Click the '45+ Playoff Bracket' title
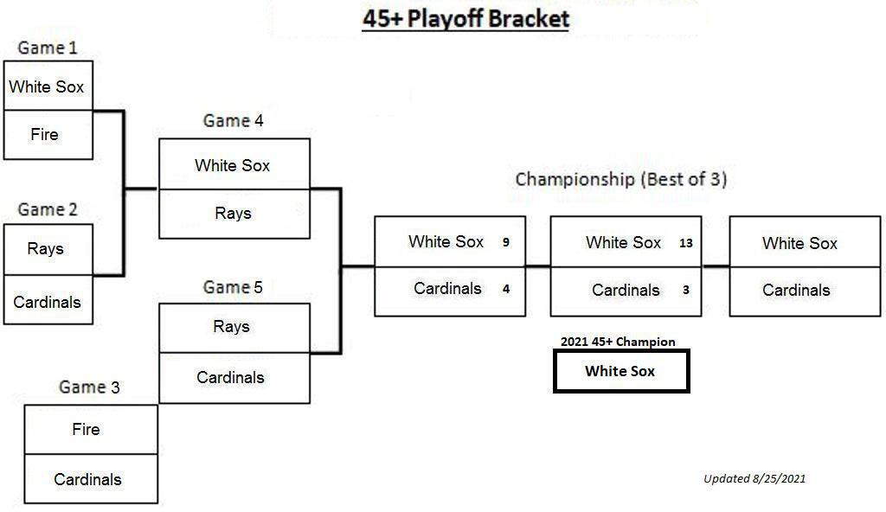465,19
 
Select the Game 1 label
48,48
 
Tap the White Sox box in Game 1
48,86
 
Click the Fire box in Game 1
48,135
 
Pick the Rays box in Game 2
48,249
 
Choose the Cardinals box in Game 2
48,300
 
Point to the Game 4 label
233,120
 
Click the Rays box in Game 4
234,214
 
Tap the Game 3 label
89,387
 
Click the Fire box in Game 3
91,430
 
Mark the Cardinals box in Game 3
91,478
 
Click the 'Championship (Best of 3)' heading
620,180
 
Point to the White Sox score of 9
505,242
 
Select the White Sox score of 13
686,243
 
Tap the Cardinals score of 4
505,290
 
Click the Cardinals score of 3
686,290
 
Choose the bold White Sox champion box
621,371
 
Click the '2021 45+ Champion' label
618,342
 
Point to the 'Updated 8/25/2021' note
754,478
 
